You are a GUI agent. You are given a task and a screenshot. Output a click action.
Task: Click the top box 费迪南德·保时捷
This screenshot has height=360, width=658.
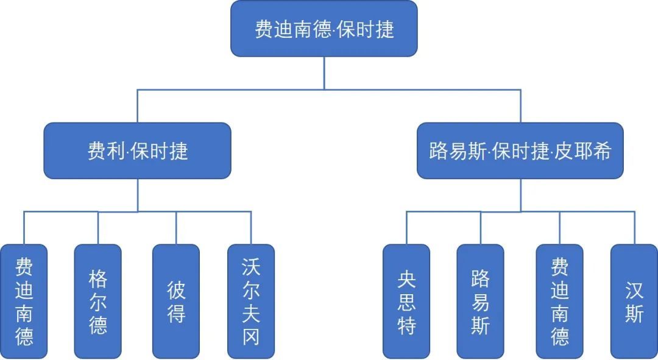click(x=324, y=29)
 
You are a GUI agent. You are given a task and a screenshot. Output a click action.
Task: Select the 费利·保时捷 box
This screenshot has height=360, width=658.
click(x=138, y=150)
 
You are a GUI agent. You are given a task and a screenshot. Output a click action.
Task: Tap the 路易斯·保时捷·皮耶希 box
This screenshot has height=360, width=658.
click(x=520, y=150)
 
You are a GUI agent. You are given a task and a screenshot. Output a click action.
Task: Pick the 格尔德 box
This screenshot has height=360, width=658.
click(x=97, y=302)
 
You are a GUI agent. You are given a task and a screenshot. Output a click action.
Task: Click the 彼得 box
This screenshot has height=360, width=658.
click(x=176, y=302)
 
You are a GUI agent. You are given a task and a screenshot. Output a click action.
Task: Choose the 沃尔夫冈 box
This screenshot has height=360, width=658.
click(x=251, y=302)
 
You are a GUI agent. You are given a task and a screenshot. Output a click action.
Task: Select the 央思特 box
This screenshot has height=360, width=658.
click(x=406, y=302)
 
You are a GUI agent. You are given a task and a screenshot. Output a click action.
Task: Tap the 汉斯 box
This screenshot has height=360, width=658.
click(x=634, y=302)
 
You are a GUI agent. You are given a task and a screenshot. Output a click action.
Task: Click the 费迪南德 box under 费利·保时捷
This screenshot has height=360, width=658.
click(x=24, y=302)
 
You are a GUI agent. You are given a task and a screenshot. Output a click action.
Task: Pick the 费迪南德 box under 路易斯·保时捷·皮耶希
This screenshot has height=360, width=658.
click(x=559, y=302)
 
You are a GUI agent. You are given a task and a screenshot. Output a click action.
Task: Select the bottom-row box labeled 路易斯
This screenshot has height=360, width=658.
click(x=480, y=302)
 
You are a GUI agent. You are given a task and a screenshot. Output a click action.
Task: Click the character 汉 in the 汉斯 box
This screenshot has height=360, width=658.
click(x=634, y=290)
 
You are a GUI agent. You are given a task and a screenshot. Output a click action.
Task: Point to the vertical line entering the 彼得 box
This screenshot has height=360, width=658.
click(x=176, y=228)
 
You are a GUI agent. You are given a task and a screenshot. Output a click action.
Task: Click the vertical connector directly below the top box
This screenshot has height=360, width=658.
click(x=324, y=73)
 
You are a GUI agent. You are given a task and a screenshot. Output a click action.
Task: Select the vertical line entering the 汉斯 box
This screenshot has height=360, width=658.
click(x=634, y=228)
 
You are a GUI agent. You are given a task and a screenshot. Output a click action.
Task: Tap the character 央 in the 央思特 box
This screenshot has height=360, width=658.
click(x=406, y=279)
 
